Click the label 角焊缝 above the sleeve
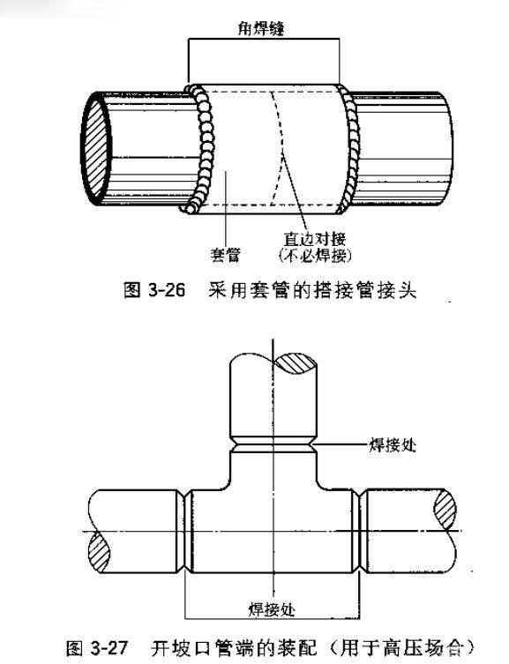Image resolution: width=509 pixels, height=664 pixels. [x=261, y=29]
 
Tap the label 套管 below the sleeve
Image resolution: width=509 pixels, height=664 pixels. [x=225, y=255]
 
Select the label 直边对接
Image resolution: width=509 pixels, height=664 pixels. [x=314, y=239]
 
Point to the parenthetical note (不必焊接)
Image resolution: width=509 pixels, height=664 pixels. [x=315, y=256]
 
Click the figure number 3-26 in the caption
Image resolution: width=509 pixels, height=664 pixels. [x=167, y=290]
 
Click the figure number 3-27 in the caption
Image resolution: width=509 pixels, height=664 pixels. [x=109, y=648]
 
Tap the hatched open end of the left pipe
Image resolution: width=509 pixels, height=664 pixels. [x=96, y=149]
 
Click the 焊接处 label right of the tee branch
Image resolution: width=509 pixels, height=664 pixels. [x=393, y=445]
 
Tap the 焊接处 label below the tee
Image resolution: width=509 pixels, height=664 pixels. [x=272, y=610]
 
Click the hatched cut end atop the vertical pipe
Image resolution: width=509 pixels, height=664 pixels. [x=296, y=363]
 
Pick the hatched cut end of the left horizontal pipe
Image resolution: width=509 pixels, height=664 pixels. [x=99, y=553]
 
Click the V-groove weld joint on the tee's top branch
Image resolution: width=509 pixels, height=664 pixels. [x=273, y=445]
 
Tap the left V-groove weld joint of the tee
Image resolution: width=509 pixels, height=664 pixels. [x=184, y=532]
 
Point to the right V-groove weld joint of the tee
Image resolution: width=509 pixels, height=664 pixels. [x=359, y=532]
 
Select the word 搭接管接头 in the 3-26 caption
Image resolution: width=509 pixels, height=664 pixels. [x=365, y=290]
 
